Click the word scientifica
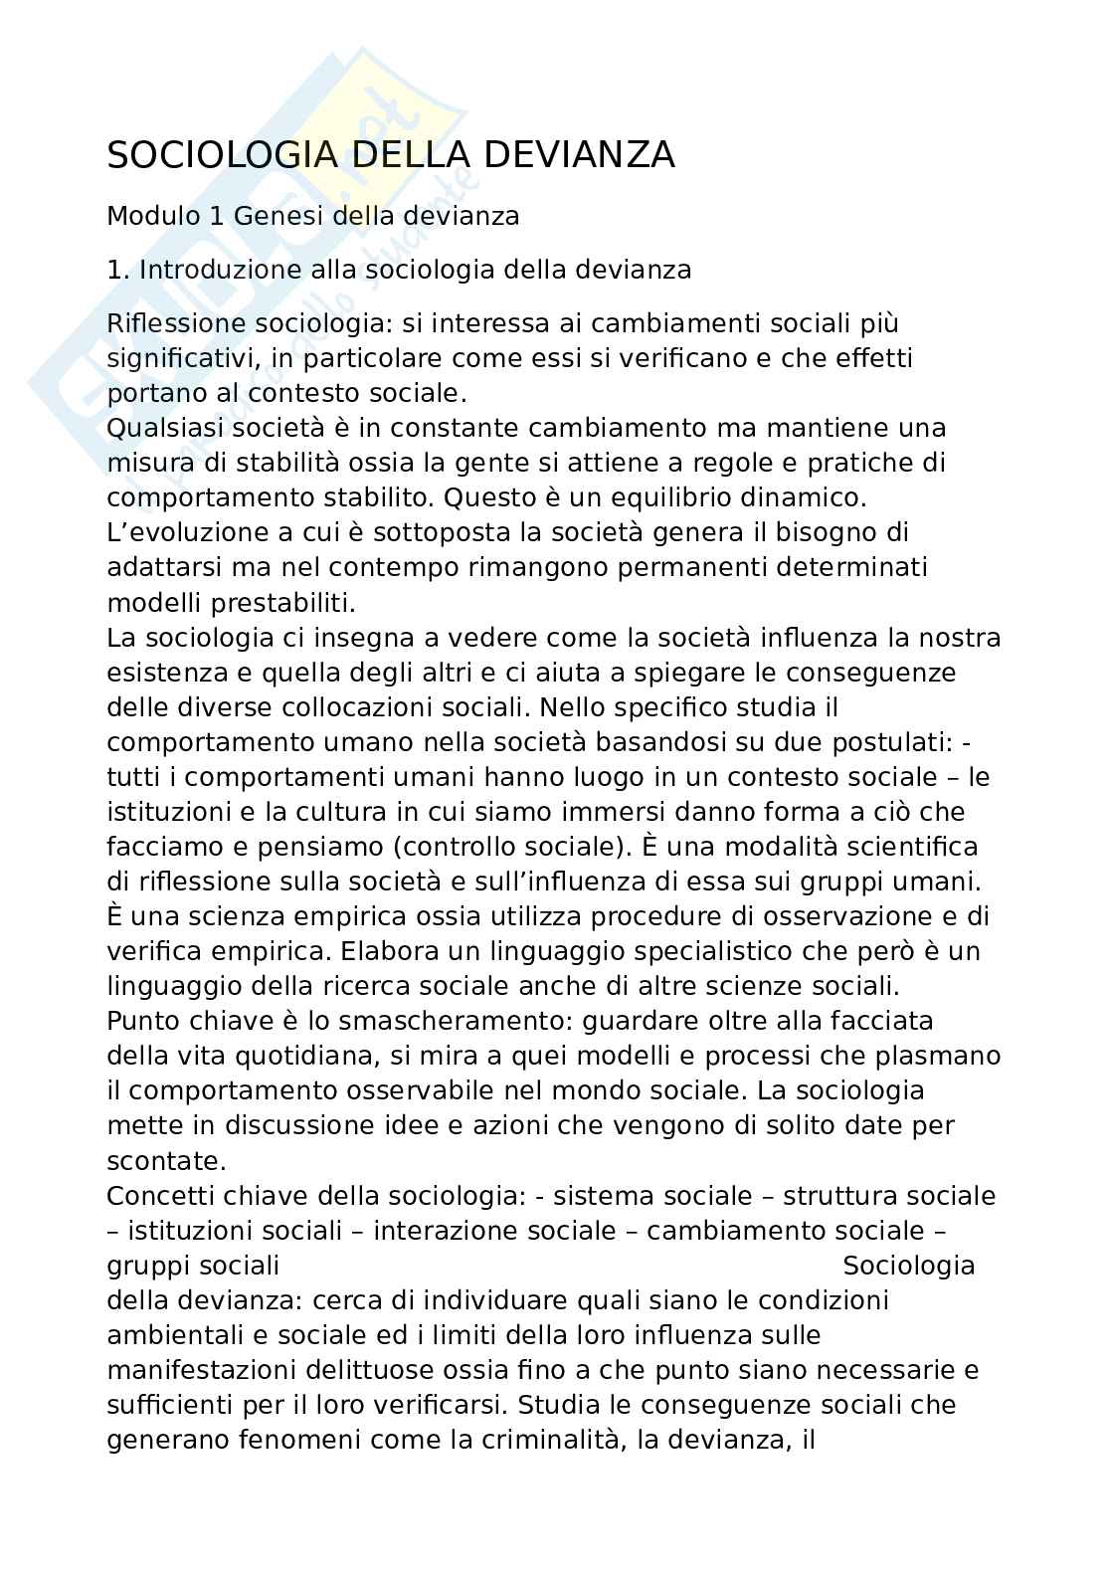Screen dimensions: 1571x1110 tap(910, 846)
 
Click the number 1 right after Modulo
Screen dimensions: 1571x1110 tap(217, 216)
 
